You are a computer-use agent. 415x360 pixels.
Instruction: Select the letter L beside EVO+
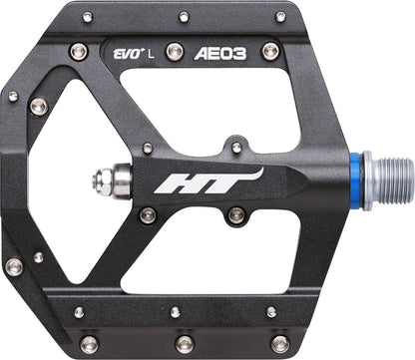(x=152, y=50)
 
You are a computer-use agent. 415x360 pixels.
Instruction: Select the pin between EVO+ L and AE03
(x=175, y=51)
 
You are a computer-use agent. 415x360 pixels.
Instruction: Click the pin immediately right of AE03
(x=270, y=51)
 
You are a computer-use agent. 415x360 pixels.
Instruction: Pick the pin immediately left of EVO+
(x=79, y=51)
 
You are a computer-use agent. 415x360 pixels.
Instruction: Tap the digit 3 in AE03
(x=239, y=51)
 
